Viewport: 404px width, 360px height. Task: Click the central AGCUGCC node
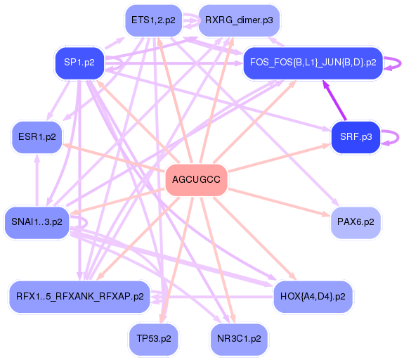(x=196, y=180)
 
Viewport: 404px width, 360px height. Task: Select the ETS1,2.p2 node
(x=154, y=20)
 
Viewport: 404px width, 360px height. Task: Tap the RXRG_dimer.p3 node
(x=239, y=20)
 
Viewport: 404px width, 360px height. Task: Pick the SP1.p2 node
(x=79, y=63)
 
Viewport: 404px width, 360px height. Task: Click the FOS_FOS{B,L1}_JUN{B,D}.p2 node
(x=313, y=63)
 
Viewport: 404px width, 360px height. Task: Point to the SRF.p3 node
(x=356, y=137)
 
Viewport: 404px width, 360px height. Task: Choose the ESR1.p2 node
(x=37, y=137)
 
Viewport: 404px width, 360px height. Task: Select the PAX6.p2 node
(x=356, y=222)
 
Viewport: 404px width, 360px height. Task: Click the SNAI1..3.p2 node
(x=37, y=222)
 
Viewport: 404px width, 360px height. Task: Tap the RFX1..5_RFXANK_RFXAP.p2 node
(x=80, y=297)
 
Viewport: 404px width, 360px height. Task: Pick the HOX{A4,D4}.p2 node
(x=313, y=297)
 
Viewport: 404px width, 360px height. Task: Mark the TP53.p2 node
(x=154, y=339)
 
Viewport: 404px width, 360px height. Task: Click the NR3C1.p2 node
(x=239, y=339)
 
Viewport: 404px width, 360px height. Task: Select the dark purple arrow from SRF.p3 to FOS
(x=334, y=101)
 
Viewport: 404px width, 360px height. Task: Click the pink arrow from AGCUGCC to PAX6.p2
(x=279, y=202)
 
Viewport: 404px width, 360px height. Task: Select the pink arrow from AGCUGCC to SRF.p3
(x=280, y=157)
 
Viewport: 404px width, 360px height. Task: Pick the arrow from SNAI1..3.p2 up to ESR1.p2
(x=37, y=180)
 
